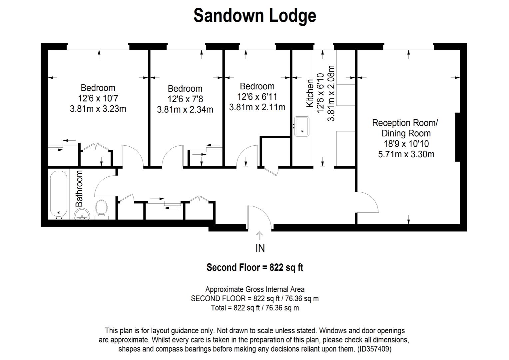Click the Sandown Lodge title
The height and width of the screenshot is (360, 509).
[254, 16]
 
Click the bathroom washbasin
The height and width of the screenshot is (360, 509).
[82, 214]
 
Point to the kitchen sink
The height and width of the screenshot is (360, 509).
[301, 126]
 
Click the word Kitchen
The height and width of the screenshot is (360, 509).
[310, 93]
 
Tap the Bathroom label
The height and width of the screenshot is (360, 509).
[79, 188]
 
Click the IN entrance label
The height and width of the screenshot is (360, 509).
[260, 248]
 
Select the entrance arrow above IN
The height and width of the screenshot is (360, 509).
[259, 236]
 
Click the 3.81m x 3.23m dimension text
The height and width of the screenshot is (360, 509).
[98, 109]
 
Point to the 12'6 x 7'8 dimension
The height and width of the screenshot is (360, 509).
[185, 99]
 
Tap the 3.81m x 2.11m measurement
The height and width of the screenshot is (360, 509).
[257, 107]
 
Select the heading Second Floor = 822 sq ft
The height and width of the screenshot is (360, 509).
[255, 268]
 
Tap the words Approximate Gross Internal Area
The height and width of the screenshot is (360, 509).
[255, 289]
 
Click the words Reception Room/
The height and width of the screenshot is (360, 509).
[405, 123]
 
